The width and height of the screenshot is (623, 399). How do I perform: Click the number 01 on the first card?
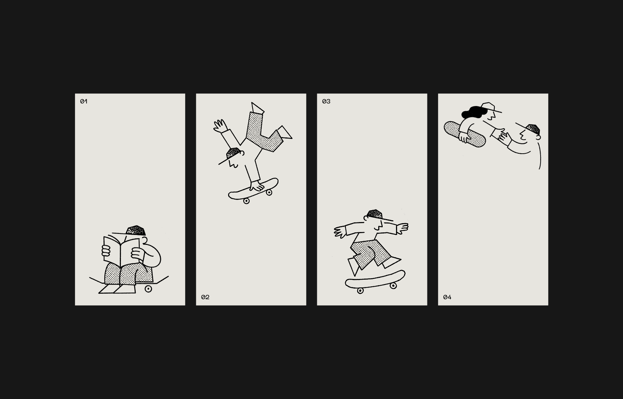click(84, 102)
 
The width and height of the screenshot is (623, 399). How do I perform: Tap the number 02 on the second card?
click(205, 297)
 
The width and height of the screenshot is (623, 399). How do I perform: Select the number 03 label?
click(326, 102)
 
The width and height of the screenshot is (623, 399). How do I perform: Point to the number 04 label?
click(447, 297)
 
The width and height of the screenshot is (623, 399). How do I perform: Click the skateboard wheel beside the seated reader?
click(148, 289)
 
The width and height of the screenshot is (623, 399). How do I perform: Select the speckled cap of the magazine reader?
click(136, 231)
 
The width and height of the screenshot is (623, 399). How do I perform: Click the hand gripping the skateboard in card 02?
click(257, 186)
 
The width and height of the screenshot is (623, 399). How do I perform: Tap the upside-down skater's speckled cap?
click(233, 153)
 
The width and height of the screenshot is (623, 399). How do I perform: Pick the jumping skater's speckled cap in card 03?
click(375, 214)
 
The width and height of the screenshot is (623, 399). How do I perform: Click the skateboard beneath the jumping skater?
click(375, 281)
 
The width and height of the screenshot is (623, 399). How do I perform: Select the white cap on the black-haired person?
click(489, 107)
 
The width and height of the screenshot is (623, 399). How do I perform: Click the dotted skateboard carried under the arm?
click(465, 134)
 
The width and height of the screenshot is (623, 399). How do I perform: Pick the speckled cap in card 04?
click(533, 129)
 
